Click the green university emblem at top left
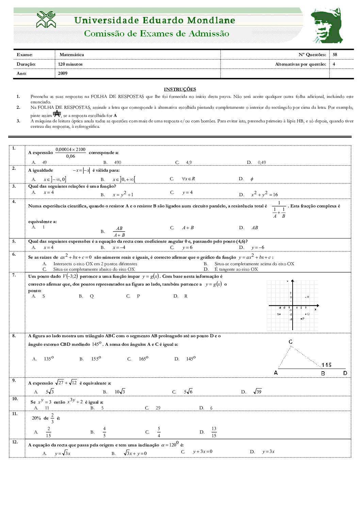point(46,20)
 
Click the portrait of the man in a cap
point(326,26)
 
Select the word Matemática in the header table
point(71,55)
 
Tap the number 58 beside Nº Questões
point(335,55)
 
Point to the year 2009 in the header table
point(63,73)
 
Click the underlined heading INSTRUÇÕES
point(180,89)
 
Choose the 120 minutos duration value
point(70,64)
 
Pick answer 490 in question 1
point(117,163)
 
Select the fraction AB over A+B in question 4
point(119,232)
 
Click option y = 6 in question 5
point(187,248)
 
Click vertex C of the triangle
point(291,342)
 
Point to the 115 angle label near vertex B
point(326,365)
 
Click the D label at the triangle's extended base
point(345,373)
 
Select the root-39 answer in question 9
point(257,392)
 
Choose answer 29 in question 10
point(158,408)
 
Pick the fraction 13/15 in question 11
point(214,432)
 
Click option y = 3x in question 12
point(268,452)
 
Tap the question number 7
point(14,275)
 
